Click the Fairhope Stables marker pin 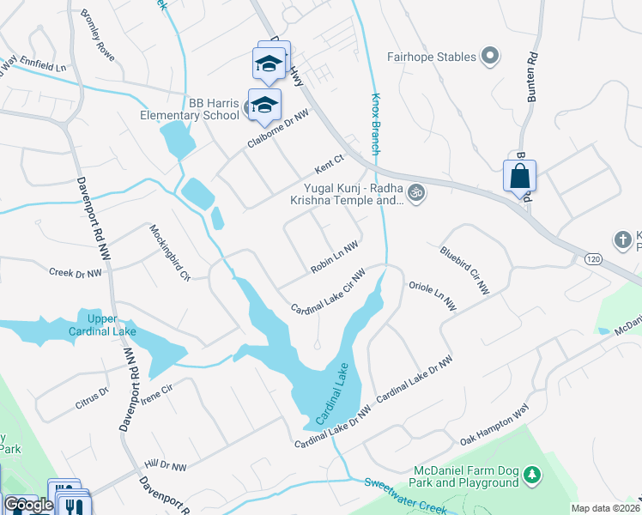490,57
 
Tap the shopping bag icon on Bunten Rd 519,177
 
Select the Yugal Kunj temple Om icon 417,192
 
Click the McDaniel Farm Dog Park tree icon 532,475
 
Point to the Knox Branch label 375,124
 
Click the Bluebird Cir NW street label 464,270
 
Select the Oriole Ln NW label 432,295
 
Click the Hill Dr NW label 166,464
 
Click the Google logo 28,505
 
